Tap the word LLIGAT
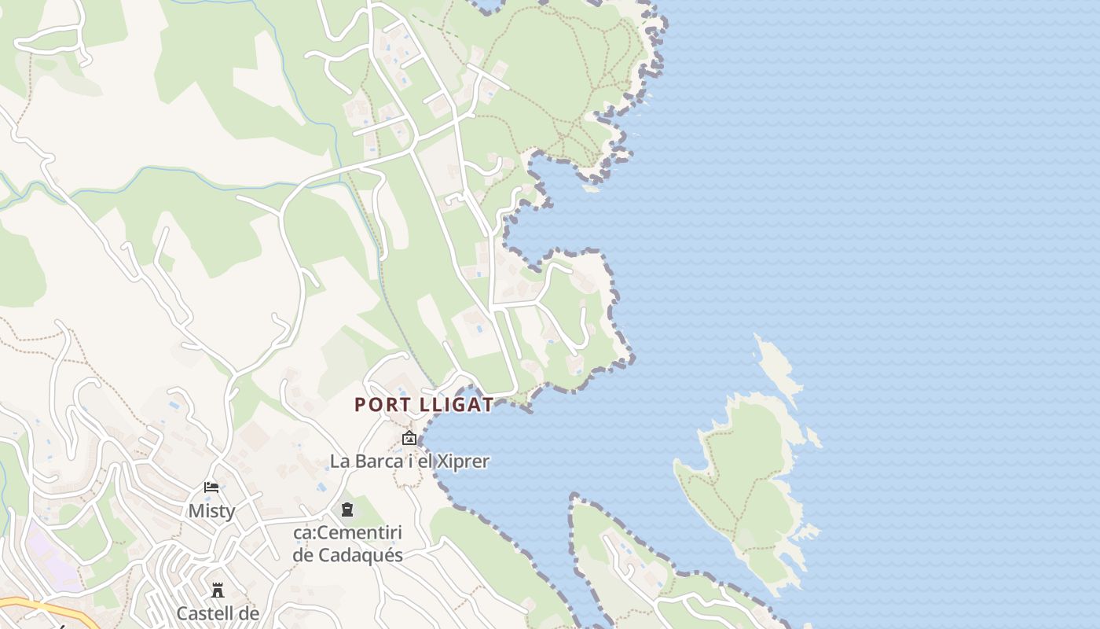click(456, 405)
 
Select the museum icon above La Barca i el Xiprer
click(409, 438)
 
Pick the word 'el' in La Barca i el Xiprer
click(423, 462)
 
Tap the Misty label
click(211, 511)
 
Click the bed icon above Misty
click(211, 487)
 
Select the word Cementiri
click(359, 533)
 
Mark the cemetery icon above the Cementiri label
click(346, 510)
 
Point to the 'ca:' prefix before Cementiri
click(304, 533)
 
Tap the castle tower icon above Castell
click(217, 590)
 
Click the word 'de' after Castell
click(248, 613)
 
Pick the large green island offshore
click(746, 480)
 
